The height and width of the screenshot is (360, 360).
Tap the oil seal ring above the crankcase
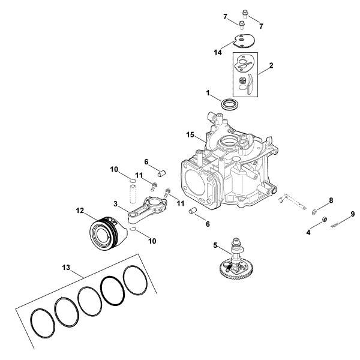click(229, 104)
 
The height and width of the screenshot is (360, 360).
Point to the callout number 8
click(331, 200)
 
